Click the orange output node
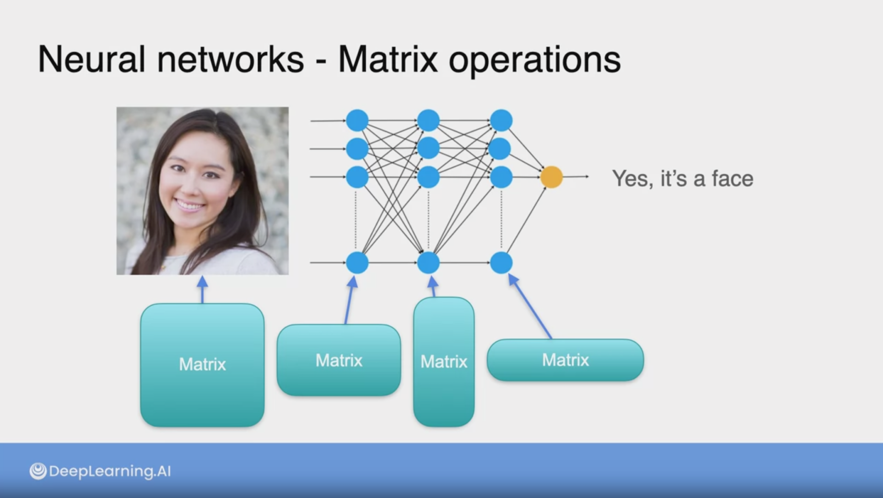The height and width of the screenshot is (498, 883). pos(551,177)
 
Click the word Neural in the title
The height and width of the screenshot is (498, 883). pos(92,59)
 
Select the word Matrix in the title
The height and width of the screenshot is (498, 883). pos(388,59)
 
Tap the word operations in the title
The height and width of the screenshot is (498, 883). pos(534,61)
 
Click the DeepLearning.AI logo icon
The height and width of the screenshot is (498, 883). pos(38,471)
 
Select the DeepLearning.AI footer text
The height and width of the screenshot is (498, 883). pos(110,471)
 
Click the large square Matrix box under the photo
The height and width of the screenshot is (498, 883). pos(202,365)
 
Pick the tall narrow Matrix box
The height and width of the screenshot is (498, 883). pos(444,362)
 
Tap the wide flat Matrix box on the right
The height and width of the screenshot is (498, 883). pos(565,360)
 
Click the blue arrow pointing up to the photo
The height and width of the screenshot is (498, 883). pos(202,290)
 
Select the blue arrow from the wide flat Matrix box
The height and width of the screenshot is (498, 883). pos(530,306)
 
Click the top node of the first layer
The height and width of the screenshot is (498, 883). pos(357,120)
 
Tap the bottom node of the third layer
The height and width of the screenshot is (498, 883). pos(501,263)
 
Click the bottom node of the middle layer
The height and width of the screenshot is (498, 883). pos(429,263)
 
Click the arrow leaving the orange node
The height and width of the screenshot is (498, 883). pos(575,177)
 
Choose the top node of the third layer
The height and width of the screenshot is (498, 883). pos(501,120)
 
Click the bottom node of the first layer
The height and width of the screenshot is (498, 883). pos(357,263)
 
